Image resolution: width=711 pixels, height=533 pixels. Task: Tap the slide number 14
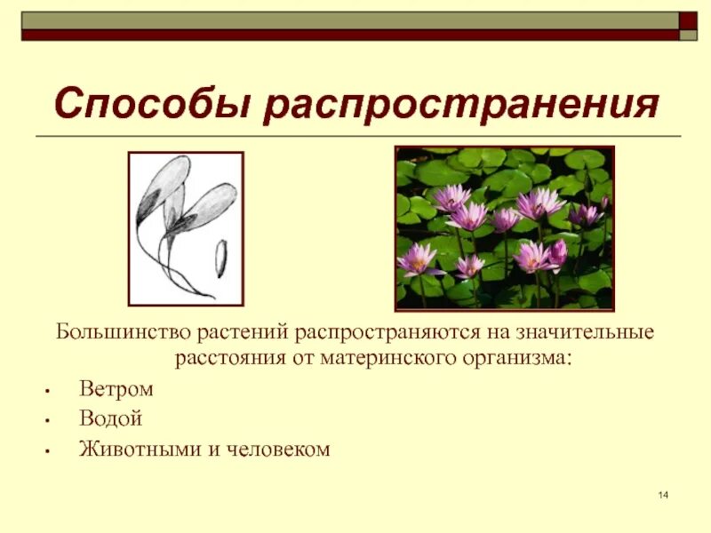click(x=663, y=495)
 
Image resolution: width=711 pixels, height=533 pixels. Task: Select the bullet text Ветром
click(x=116, y=389)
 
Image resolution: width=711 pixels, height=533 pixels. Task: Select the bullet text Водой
click(x=110, y=419)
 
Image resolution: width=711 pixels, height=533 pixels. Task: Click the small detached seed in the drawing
click(x=220, y=259)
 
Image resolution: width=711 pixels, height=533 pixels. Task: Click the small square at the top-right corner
click(x=689, y=20)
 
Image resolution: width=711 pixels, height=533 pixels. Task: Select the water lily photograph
click(x=505, y=227)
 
